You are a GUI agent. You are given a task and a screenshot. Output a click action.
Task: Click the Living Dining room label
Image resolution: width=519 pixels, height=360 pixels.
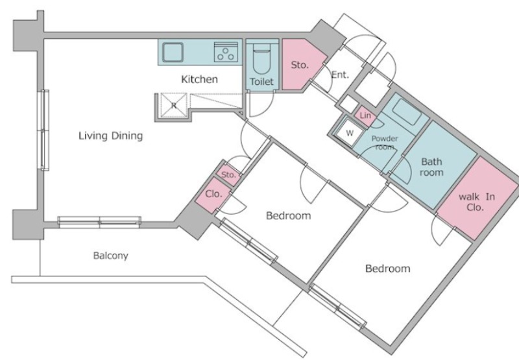(x=110, y=136)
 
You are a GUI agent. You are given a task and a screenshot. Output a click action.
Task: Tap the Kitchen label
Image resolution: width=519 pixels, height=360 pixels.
(x=200, y=79)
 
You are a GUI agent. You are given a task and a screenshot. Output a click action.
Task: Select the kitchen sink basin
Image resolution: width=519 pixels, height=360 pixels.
(x=173, y=53)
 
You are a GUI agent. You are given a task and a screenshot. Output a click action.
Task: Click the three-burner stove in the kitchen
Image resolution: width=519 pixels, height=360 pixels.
(x=226, y=53)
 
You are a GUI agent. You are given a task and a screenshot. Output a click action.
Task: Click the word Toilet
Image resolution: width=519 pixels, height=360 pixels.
(x=261, y=82)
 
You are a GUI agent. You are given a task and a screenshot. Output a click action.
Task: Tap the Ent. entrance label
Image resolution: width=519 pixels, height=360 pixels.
(x=340, y=75)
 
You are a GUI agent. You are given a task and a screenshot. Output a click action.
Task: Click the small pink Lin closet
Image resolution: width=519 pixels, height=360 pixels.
(x=365, y=116)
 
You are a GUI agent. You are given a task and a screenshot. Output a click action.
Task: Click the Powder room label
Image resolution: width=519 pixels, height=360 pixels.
(x=385, y=143)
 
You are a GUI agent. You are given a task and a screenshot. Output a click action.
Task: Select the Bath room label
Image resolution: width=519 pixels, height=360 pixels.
(x=431, y=167)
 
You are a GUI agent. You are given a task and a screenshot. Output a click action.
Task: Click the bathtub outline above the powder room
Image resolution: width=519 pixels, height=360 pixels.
(x=407, y=112)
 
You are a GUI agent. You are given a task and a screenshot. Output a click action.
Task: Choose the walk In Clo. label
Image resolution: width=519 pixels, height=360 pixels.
(x=477, y=202)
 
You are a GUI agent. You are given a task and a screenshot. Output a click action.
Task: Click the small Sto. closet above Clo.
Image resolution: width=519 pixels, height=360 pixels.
(x=228, y=174)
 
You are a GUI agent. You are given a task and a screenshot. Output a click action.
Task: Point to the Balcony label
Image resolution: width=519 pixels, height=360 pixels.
(x=110, y=256)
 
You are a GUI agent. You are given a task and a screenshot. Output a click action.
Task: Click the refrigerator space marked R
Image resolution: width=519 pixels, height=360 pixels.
(x=173, y=105)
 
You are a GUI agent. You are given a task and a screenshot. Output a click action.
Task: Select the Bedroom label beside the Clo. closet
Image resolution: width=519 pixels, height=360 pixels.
(x=288, y=216)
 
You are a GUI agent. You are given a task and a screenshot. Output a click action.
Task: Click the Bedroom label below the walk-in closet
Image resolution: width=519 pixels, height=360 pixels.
(x=387, y=269)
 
